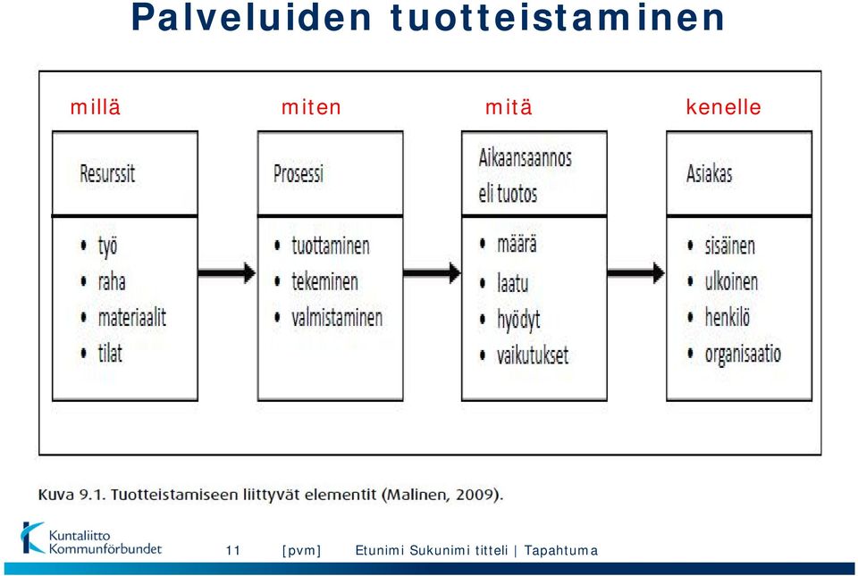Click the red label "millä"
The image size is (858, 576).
click(x=96, y=106)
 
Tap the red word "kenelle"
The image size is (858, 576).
click(x=723, y=106)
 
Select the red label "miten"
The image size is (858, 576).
click(x=311, y=106)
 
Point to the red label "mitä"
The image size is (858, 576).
click(x=509, y=106)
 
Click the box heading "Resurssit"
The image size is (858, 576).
click(x=107, y=174)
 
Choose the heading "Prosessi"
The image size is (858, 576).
click(x=299, y=174)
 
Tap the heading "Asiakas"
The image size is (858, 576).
click(x=709, y=174)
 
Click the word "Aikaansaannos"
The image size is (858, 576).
click(x=526, y=158)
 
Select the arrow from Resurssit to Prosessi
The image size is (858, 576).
click(x=227, y=272)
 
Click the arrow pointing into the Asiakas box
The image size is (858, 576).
click(x=636, y=272)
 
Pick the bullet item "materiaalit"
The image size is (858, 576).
click(x=132, y=318)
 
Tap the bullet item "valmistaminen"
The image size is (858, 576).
click(x=337, y=318)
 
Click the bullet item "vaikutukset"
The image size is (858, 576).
click(x=533, y=355)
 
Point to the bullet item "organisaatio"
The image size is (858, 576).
click(x=743, y=354)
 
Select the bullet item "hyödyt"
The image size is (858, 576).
click(x=518, y=320)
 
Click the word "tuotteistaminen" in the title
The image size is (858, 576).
click(x=558, y=17)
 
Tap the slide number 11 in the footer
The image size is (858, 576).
click(x=233, y=550)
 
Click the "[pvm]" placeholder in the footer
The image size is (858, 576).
click(x=301, y=550)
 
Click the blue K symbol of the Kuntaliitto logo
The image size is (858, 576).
click(x=32, y=538)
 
